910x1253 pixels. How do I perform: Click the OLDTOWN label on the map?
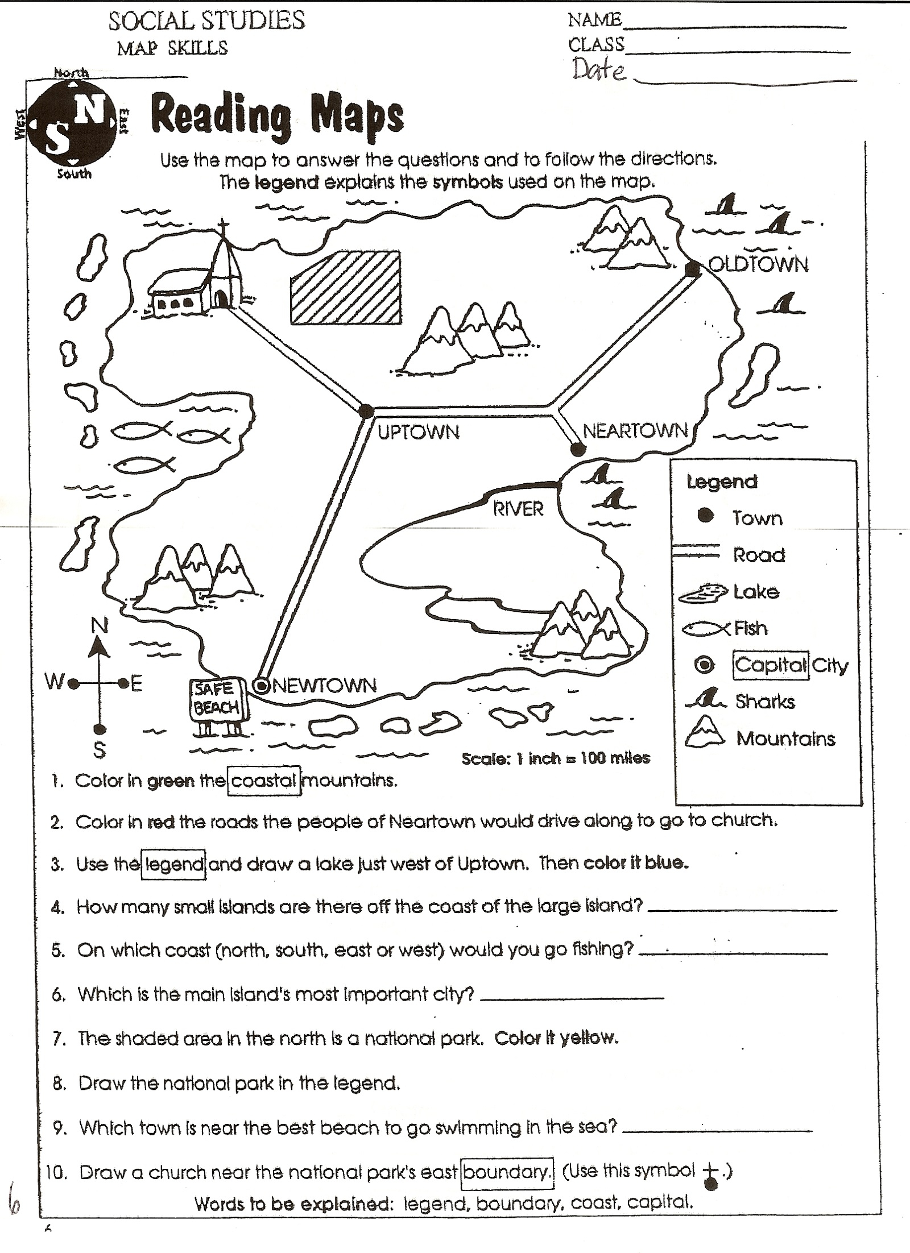tap(758, 265)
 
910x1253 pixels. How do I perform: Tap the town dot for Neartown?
tap(578, 450)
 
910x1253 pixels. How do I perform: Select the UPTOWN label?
tap(419, 433)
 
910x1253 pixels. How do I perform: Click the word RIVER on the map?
tap(518, 509)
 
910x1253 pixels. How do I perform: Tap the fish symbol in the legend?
tap(706, 629)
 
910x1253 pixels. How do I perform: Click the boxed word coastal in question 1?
tap(264, 781)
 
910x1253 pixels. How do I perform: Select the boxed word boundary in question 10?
tap(506, 1172)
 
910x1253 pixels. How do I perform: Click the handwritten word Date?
tap(599, 70)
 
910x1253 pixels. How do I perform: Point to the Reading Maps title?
tap(278, 118)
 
